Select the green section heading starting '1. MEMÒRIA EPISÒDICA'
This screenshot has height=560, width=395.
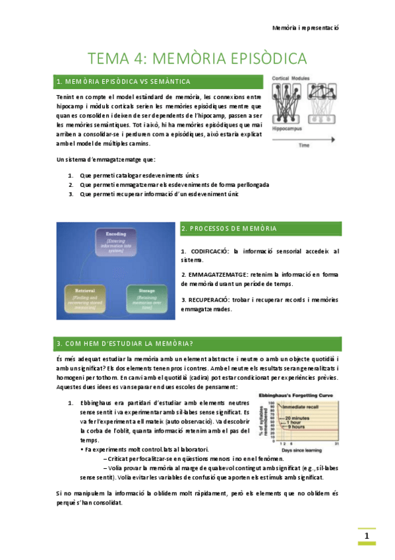(x=124, y=82)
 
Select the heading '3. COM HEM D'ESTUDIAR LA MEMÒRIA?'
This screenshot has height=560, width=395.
(x=125, y=343)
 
